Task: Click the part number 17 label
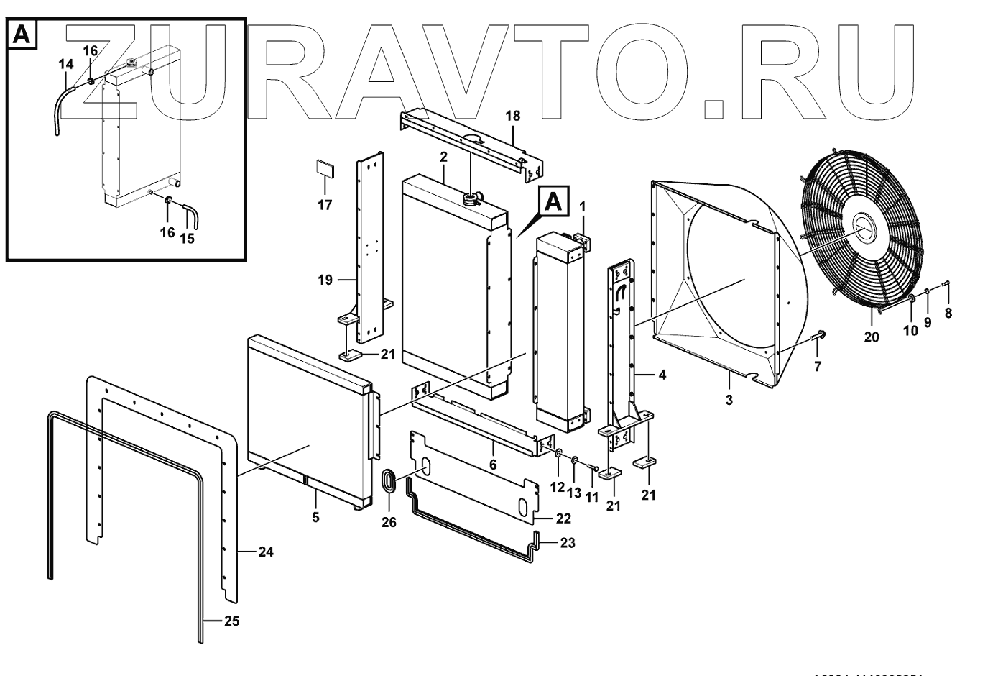tap(325, 205)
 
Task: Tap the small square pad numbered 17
tap(325, 170)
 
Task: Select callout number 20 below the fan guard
tap(872, 336)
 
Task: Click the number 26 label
tap(389, 523)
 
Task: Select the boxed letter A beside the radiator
tap(553, 201)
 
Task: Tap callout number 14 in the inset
tap(65, 65)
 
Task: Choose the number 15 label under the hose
tap(187, 239)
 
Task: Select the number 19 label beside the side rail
tap(325, 280)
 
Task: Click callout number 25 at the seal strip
tap(230, 621)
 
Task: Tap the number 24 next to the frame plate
tap(265, 552)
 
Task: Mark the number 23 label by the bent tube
tap(567, 544)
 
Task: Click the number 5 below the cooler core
tap(315, 517)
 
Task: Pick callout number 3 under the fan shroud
tap(729, 399)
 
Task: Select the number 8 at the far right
tap(948, 313)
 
